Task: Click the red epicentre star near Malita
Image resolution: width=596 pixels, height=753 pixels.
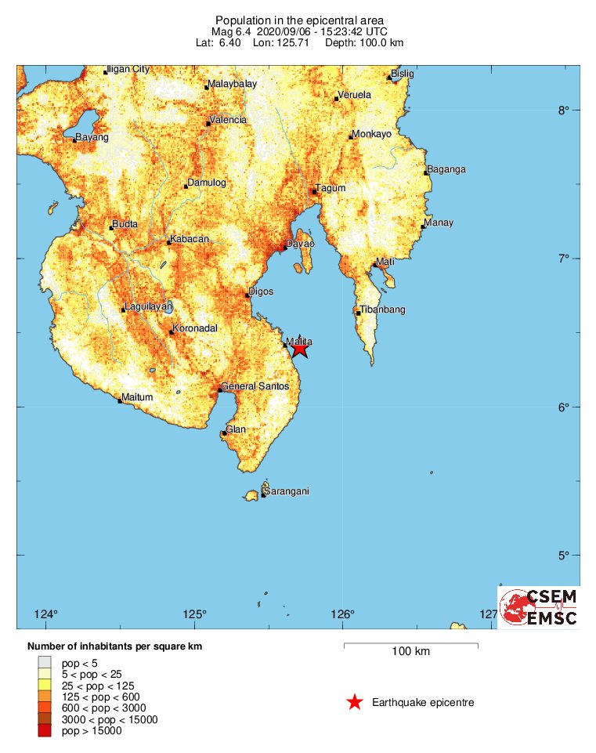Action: (x=299, y=349)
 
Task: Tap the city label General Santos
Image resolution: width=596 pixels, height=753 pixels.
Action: (x=255, y=386)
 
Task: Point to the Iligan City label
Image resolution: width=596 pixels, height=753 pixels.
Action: (x=128, y=69)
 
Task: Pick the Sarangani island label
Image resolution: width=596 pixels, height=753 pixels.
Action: (x=287, y=491)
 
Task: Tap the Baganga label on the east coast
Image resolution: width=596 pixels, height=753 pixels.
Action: (x=446, y=169)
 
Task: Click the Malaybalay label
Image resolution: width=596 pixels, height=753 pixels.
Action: (x=233, y=84)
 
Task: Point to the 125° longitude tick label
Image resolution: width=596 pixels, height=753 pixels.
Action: (x=195, y=614)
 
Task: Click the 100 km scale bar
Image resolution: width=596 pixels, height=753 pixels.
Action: (x=411, y=646)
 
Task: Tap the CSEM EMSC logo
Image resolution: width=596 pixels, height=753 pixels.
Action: (x=539, y=607)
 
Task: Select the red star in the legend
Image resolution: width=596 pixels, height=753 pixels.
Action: (x=355, y=702)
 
